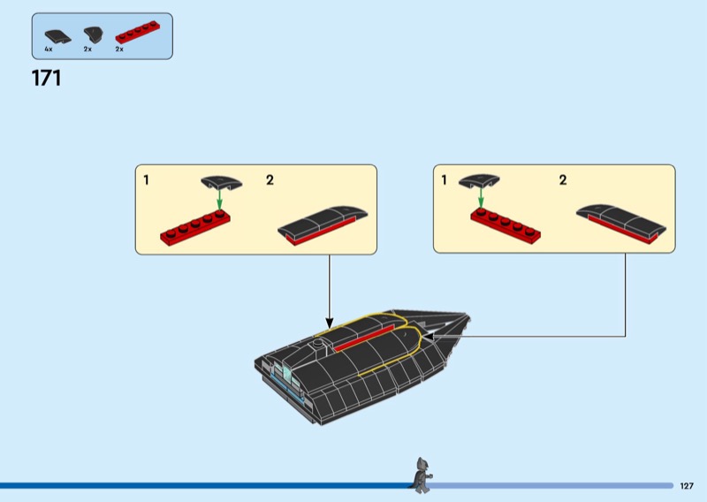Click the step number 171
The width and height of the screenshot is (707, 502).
47,78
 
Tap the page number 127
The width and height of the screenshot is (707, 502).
688,486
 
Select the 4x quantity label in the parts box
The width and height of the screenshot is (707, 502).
49,49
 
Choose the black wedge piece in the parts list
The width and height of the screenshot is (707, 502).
92,35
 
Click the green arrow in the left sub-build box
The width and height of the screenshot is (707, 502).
221,201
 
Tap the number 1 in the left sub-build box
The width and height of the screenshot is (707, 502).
147,180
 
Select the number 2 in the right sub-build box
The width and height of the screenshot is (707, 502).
563,180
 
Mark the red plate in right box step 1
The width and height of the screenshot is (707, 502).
506,225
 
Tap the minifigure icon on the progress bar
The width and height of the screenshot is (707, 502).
421,475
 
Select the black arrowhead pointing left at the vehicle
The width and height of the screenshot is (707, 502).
425,336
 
